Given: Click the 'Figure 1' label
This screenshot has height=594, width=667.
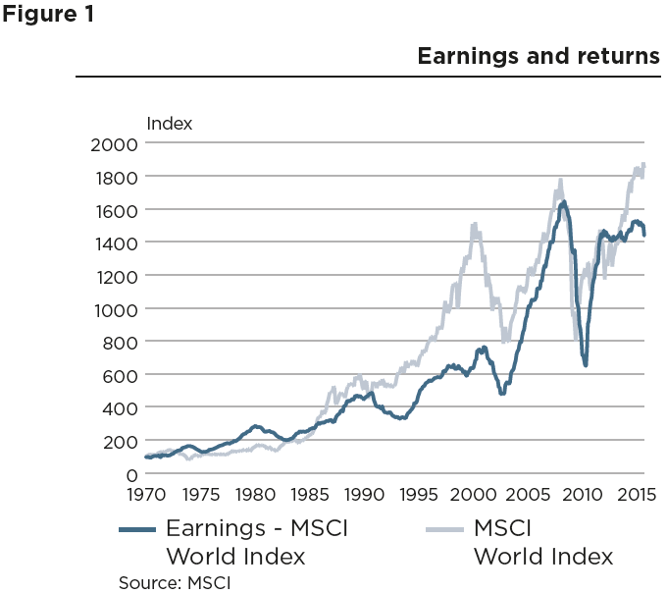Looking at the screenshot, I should (x=48, y=17).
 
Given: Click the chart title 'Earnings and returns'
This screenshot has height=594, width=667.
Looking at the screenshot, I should (x=539, y=56).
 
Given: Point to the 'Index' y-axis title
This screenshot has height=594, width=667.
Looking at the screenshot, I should (x=169, y=124).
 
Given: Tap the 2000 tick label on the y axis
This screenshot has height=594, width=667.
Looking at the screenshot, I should (x=116, y=143).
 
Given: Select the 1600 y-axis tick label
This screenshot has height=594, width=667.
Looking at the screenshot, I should (x=116, y=210).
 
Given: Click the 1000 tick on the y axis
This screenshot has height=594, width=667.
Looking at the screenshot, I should (x=116, y=309).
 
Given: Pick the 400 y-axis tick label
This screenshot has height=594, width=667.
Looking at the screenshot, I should (x=121, y=408).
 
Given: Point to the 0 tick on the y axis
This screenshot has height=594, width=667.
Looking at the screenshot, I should (x=130, y=474).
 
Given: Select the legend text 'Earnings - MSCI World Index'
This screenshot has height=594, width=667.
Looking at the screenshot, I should (x=257, y=542).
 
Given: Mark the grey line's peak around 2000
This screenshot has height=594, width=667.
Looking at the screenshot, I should (x=475, y=225).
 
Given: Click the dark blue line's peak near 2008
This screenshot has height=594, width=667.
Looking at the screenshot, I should (x=564, y=202).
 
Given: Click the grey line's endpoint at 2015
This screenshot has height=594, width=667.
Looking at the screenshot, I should (x=644, y=164).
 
